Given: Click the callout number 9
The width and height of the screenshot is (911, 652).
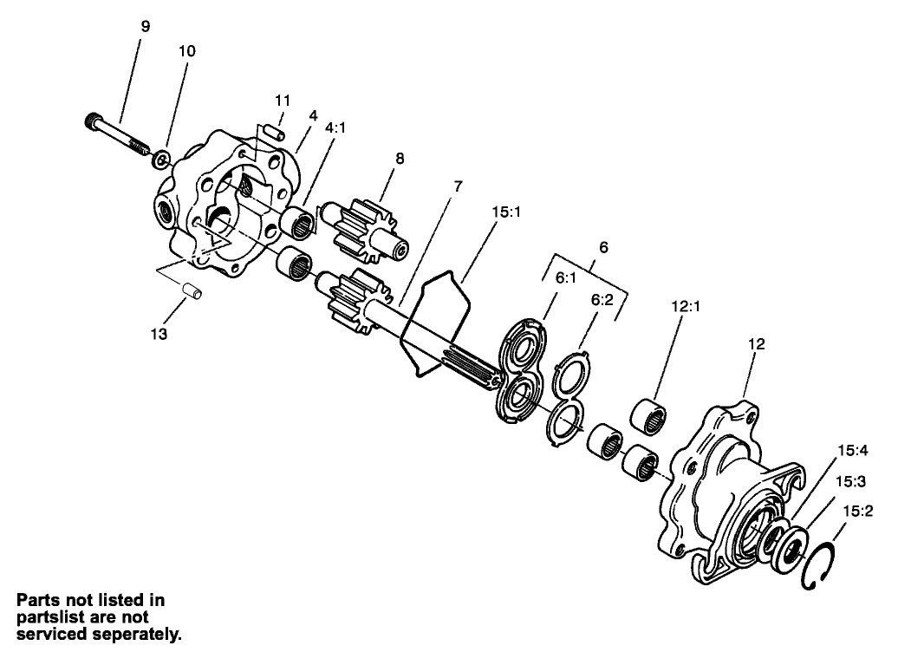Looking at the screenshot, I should click(145, 27).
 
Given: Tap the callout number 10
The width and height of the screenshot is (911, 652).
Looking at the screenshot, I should click(186, 51).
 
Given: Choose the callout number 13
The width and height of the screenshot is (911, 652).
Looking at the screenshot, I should click(159, 332).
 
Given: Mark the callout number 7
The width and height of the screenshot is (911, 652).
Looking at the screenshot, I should click(457, 186).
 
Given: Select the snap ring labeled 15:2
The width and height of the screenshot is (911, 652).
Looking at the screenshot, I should click(817, 567).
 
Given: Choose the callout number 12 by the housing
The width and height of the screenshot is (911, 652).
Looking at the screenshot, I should click(756, 344).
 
